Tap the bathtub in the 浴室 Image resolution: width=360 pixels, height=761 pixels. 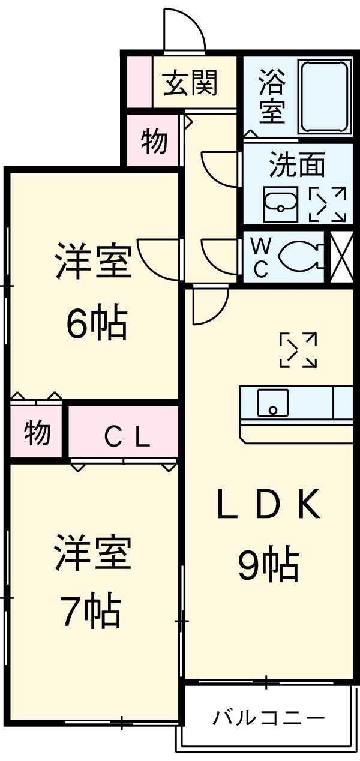325,96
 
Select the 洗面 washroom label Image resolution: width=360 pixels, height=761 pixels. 296,164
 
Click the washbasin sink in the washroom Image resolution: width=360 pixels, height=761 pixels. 281,204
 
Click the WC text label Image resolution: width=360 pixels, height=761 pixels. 260,259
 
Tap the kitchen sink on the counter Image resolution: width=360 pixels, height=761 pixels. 273,402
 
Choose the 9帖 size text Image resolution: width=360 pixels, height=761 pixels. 268,565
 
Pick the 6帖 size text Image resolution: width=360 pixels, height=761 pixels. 96,325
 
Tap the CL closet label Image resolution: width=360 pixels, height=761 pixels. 126,439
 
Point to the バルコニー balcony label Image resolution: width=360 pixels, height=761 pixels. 268,718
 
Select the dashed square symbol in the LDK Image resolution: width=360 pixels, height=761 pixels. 299,350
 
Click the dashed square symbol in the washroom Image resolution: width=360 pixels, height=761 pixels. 328,204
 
